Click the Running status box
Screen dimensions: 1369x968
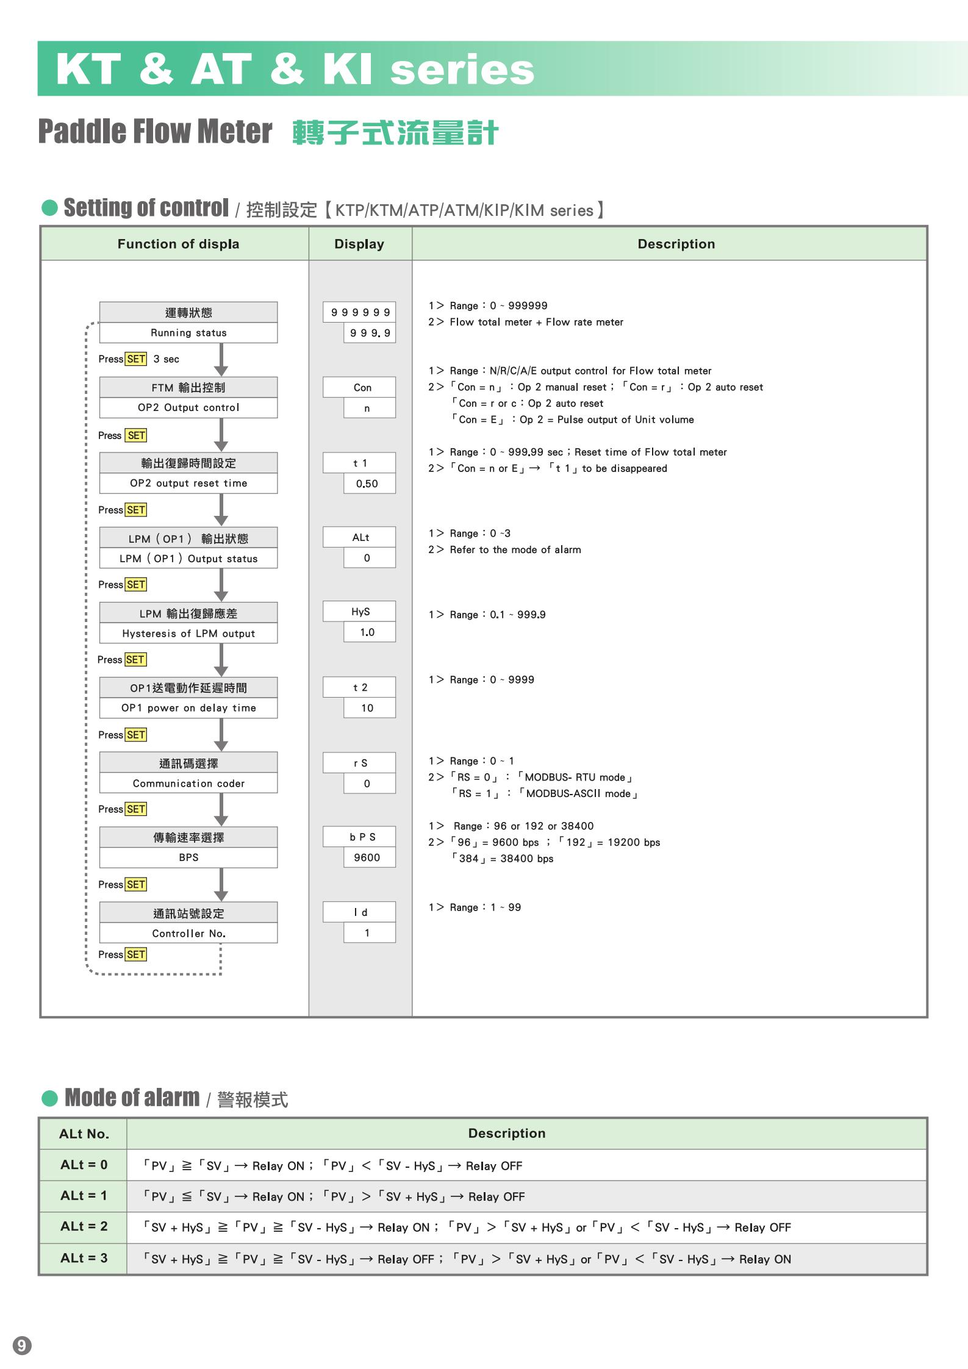tap(188, 333)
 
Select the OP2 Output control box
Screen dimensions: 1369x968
tap(188, 407)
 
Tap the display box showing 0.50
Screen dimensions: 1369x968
tap(367, 484)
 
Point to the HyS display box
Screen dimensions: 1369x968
tap(359, 612)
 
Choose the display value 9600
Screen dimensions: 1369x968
tap(367, 857)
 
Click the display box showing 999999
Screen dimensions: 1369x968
tap(359, 312)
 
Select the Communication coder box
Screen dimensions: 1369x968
tap(188, 783)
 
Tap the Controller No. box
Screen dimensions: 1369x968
tap(188, 933)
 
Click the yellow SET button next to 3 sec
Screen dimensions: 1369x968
tap(136, 359)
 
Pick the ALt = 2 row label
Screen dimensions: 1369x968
tap(84, 1226)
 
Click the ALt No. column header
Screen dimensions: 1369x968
tap(84, 1134)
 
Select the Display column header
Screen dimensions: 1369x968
tap(359, 244)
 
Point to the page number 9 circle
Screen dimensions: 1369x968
tap(22, 1345)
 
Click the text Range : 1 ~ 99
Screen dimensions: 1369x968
tap(485, 907)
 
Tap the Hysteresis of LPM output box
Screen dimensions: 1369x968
tap(188, 634)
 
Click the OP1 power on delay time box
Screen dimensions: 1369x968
tap(188, 708)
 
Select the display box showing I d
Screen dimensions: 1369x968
tap(359, 912)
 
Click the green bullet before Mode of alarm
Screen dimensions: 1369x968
tap(49, 1098)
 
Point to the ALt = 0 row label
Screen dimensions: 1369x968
tap(84, 1165)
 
